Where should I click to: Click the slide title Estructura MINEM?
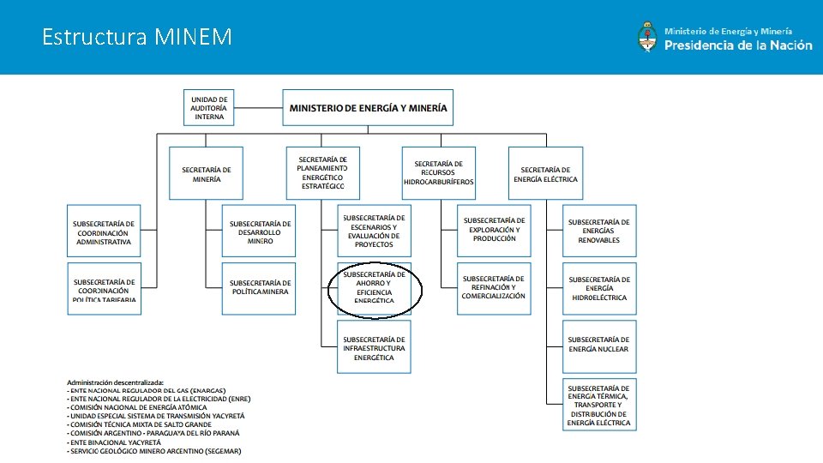tap(137, 37)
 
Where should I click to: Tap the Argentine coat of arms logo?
tap(647, 37)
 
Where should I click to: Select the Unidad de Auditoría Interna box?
tap(209, 108)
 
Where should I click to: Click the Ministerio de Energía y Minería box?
tap(368, 108)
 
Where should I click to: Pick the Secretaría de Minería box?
tap(206, 174)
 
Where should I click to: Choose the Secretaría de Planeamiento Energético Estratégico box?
tap(322, 172)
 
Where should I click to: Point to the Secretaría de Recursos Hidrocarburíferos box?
tap(438, 173)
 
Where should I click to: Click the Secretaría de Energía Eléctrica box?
tap(545, 174)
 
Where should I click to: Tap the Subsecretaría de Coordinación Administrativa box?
tap(104, 232)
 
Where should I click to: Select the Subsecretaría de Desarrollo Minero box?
tap(260, 231)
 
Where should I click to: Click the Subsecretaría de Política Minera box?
tap(260, 287)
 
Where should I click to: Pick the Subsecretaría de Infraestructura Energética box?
tap(374, 348)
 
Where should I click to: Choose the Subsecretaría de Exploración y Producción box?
tap(494, 230)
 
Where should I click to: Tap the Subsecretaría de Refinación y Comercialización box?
tap(493, 287)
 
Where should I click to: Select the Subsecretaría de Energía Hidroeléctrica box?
tap(598, 288)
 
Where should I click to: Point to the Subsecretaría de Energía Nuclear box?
tap(598, 345)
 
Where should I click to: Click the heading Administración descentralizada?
tap(116, 382)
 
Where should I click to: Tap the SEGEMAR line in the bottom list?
tap(154, 451)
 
